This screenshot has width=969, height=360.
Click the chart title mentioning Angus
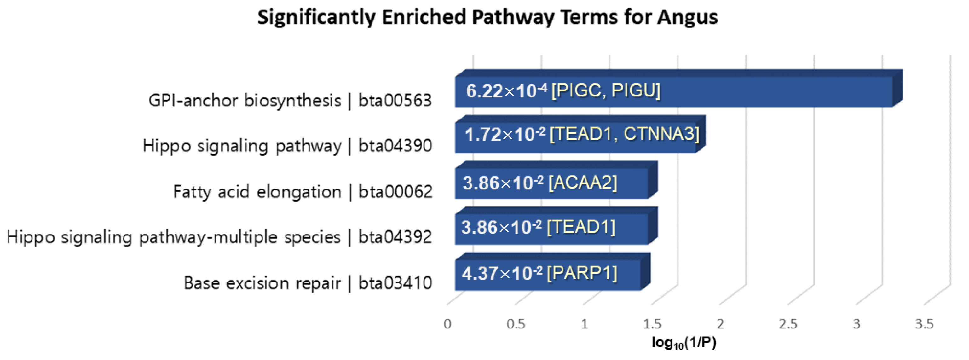[x=487, y=17]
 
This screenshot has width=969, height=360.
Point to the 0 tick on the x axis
[x=447, y=324]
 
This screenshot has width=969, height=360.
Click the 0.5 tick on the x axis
[x=515, y=324]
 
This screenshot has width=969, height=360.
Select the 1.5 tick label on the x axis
[x=652, y=324]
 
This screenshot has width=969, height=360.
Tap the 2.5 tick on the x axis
[x=788, y=324]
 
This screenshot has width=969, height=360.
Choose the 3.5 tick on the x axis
[x=924, y=324]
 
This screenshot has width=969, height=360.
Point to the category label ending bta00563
[x=290, y=101]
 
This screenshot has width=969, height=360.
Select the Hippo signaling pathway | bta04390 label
[x=287, y=146]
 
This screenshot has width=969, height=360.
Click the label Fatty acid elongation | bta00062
[x=303, y=192]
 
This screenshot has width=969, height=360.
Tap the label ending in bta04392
[x=219, y=237]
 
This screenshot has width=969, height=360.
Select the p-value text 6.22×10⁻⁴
[x=506, y=91]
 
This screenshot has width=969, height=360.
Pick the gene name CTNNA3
[x=661, y=134]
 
